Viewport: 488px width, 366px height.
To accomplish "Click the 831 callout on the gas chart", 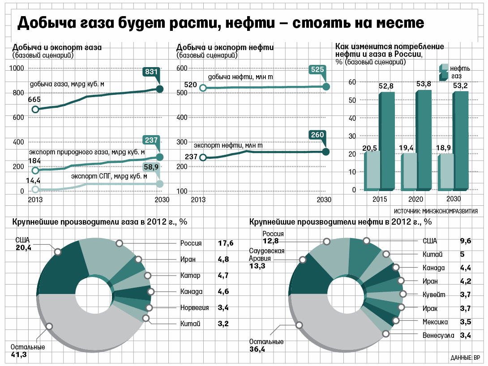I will pyautogui.click(x=151, y=72).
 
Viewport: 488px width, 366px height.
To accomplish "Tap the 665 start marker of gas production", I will pyautogui.click(x=35, y=110).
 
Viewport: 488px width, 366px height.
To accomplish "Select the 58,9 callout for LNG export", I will pyautogui.click(x=151, y=167).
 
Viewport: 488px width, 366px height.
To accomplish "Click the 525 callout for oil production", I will pyautogui.click(x=317, y=70).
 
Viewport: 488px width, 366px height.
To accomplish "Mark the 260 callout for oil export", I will pyautogui.click(x=317, y=135).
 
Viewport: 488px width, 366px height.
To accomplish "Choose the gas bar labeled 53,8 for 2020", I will pyautogui.click(x=424, y=139).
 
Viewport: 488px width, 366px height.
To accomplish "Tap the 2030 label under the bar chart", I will pyautogui.click(x=454, y=199).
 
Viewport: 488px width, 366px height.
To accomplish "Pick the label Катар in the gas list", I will pyautogui.click(x=190, y=276).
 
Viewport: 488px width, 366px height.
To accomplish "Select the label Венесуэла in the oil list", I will pyautogui.click(x=439, y=335).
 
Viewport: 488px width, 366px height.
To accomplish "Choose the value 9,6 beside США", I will pyautogui.click(x=466, y=241).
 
